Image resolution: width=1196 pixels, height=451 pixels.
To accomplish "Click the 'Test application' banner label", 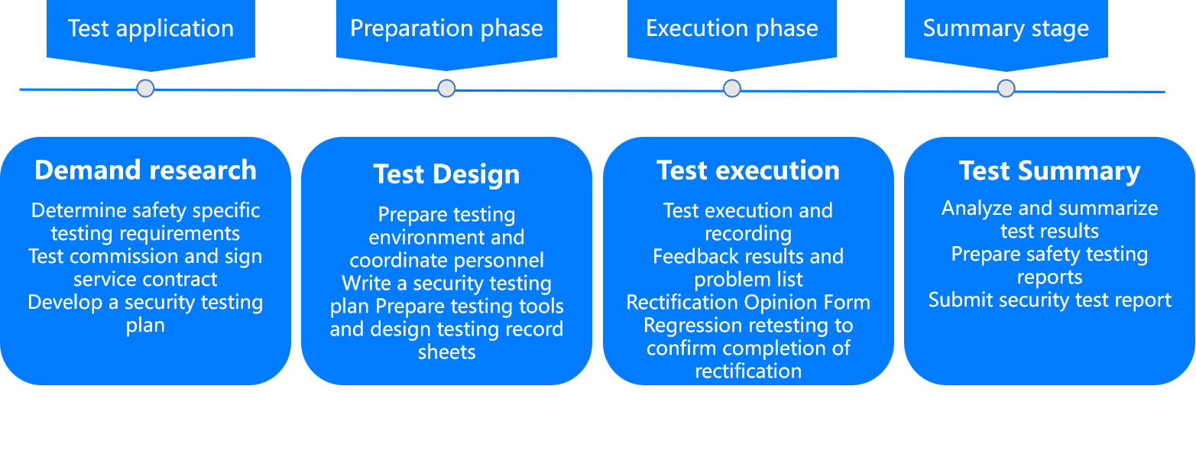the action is click(x=151, y=28).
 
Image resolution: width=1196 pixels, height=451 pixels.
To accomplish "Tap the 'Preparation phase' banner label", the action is click(x=446, y=28).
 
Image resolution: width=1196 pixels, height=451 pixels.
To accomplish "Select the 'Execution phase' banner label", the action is click(x=731, y=28).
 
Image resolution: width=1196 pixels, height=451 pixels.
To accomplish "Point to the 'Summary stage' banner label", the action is click(x=1006, y=28).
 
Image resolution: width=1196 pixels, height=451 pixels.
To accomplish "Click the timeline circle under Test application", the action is click(x=145, y=88).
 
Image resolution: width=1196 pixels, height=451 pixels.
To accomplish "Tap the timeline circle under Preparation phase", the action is click(x=446, y=88).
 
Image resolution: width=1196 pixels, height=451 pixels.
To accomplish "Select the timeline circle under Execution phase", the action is click(x=732, y=88).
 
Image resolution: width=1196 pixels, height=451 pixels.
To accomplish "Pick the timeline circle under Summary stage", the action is click(x=1006, y=88).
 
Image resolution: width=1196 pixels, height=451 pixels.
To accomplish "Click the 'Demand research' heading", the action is click(x=145, y=170).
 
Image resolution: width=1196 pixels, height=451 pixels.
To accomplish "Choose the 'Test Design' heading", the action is click(x=446, y=174).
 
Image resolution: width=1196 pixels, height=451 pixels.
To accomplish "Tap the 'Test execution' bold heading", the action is click(x=748, y=170).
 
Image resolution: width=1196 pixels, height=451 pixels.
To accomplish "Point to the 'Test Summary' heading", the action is click(x=1050, y=171).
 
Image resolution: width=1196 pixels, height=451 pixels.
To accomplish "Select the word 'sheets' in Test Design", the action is click(x=447, y=352).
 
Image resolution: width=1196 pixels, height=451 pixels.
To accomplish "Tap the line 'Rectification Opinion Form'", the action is click(x=748, y=303).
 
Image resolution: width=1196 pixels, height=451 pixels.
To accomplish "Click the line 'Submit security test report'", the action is click(x=1050, y=300).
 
